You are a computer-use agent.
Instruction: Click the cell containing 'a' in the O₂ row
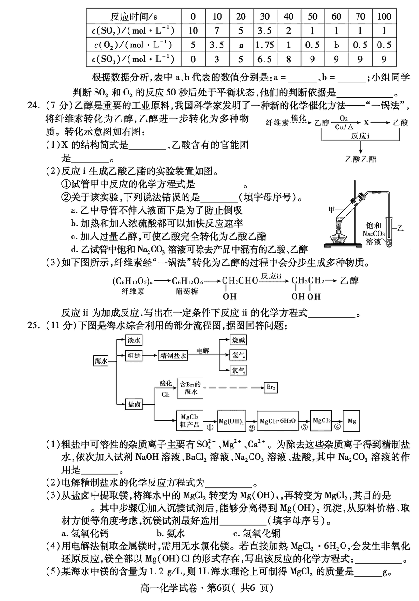(x=241, y=45)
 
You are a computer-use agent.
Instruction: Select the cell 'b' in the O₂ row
(x=337, y=45)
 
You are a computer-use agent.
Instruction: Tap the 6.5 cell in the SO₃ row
(x=265, y=59)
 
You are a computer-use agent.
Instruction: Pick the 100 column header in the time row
(x=385, y=16)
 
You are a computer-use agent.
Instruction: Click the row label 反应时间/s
(x=134, y=16)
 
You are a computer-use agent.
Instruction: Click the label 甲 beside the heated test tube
(x=332, y=209)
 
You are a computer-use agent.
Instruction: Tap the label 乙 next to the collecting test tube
(x=400, y=229)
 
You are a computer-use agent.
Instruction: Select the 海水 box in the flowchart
(x=101, y=361)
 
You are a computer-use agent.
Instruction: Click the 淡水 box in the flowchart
(x=134, y=340)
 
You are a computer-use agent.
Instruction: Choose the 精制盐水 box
(x=173, y=356)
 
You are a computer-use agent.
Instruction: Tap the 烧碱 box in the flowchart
(x=238, y=340)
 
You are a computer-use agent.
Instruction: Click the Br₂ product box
(x=270, y=387)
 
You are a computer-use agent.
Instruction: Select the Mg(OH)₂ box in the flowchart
(x=231, y=421)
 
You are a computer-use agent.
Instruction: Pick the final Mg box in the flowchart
(x=351, y=421)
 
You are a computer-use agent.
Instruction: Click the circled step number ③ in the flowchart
(x=304, y=427)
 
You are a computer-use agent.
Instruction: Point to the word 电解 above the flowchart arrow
(x=203, y=351)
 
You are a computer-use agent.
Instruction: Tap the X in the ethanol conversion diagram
(x=366, y=122)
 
